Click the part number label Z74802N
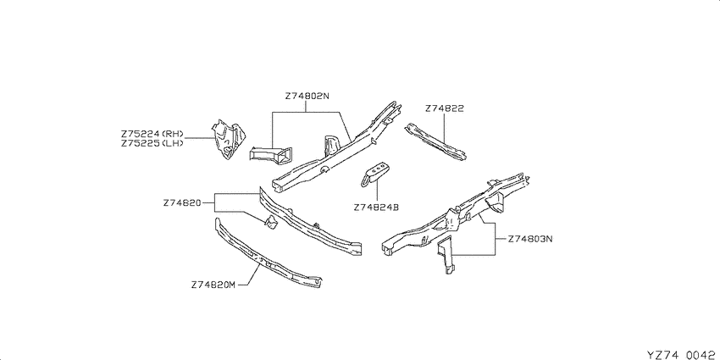point(307,97)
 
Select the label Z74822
point(444,108)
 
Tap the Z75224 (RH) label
point(152,134)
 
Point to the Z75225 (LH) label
point(152,143)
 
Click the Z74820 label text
point(182,202)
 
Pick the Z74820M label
point(213,285)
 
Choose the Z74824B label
point(376,207)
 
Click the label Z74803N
point(530,239)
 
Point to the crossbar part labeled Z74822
point(435,141)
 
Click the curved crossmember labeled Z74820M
point(266,255)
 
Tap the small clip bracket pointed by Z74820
point(271,221)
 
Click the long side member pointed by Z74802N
point(336,146)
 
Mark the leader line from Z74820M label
point(249,277)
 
